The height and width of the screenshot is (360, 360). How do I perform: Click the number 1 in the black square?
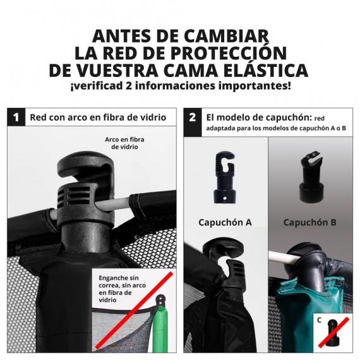pyautogui.click(x=16, y=117)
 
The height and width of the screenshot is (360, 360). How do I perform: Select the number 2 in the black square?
pyautogui.click(x=193, y=117)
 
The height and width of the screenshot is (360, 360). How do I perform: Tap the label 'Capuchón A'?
pyautogui.click(x=225, y=222)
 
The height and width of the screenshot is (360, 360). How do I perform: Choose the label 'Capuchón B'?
pyautogui.click(x=309, y=222)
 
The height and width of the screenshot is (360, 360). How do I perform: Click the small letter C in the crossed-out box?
pyautogui.click(x=320, y=320)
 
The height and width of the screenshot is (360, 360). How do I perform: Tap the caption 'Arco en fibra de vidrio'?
pyautogui.click(x=125, y=141)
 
